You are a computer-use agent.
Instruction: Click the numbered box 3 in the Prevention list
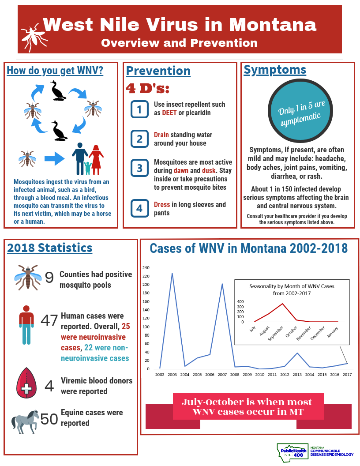pos(139,168)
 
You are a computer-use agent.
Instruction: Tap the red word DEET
pos(169,113)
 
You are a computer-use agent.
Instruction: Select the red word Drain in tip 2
pos(161,135)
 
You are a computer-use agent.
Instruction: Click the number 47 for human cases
pos(49,320)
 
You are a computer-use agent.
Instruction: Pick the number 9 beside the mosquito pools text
pos(49,278)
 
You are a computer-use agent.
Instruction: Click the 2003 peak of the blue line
pos(172,273)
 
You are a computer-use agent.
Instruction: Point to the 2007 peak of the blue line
pos(222,284)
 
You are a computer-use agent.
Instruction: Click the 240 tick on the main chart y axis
pos(146,268)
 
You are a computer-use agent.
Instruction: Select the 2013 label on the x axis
pos(297,375)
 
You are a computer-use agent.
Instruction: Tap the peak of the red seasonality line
pos(283,304)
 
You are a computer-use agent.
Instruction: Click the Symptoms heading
pos(275,70)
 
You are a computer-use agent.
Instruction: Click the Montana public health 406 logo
pos(291,452)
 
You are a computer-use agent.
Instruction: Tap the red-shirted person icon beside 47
pos(26,324)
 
